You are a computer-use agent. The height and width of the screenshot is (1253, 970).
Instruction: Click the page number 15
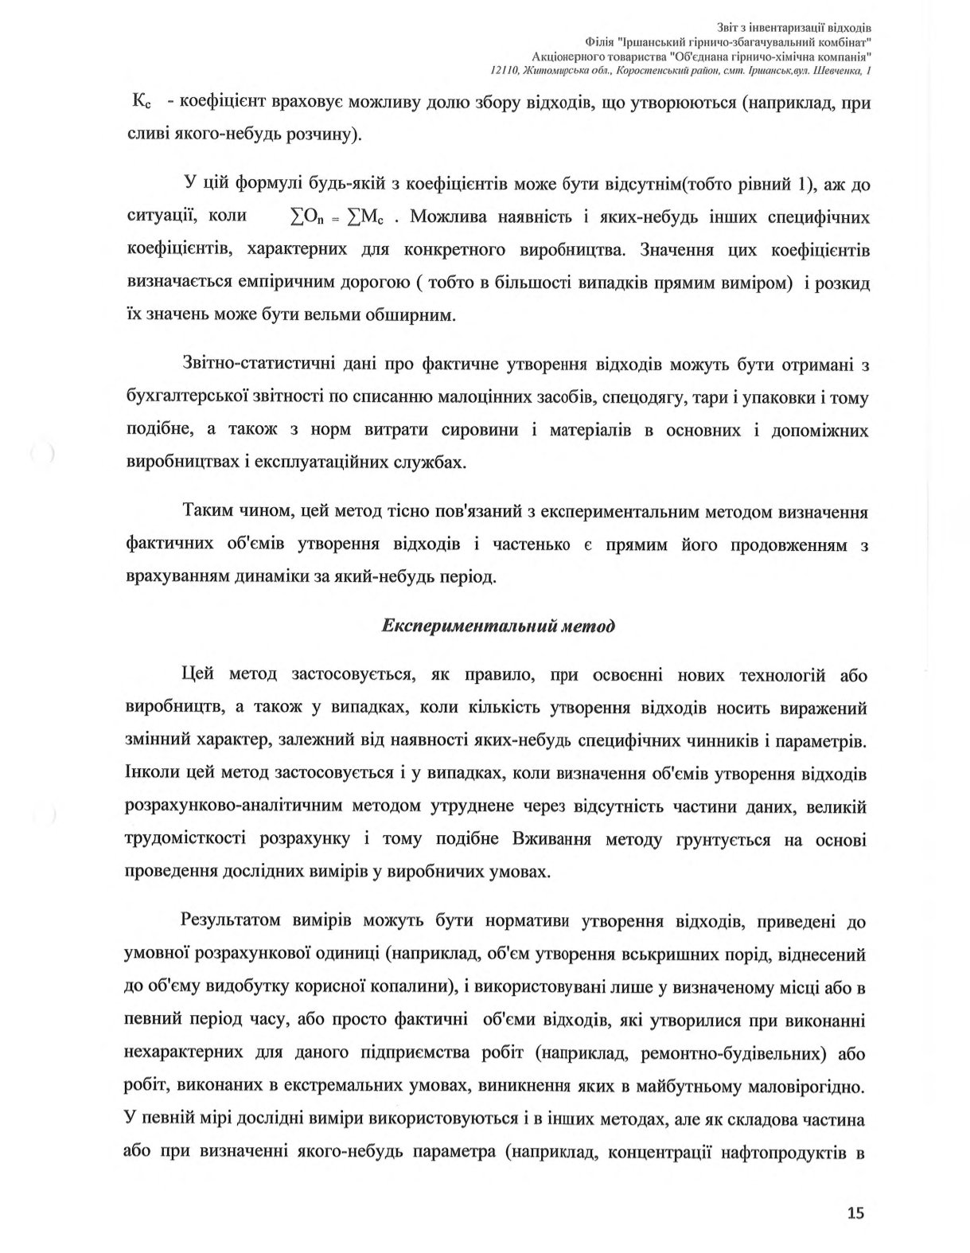click(855, 1213)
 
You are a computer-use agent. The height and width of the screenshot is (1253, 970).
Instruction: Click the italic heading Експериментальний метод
click(499, 625)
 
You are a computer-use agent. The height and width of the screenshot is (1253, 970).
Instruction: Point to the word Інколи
click(152, 773)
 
